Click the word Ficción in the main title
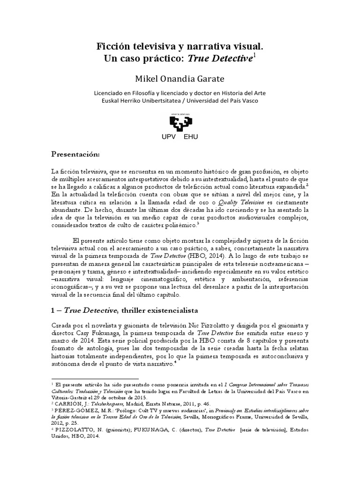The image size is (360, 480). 112,46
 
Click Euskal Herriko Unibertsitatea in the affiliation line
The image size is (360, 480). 142,100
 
